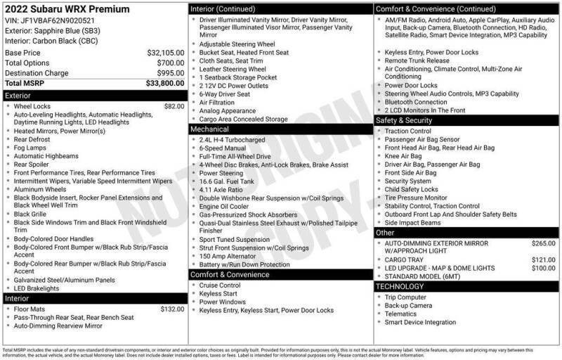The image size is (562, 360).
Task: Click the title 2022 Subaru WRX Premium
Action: pyautogui.click(x=67, y=9)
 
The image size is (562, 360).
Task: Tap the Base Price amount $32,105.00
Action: pyautogui.click(x=165, y=53)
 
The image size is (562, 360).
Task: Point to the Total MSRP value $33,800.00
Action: pyautogui.click(x=165, y=82)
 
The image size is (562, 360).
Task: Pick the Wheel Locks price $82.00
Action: pyautogui.click(x=174, y=106)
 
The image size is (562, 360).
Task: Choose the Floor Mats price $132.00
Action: pyautogui.click(x=172, y=309)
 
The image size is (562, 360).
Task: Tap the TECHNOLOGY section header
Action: pyautogui.click(x=400, y=286)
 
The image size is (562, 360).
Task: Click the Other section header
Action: pyautogui.click(x=385, y=232)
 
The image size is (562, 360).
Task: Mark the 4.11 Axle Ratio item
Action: pyautogui.click(x=221, y=190)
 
